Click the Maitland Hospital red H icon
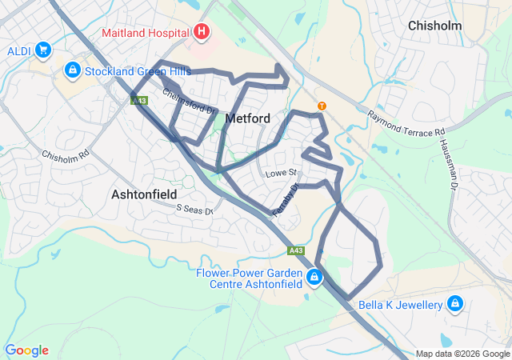click(x=202, y=33)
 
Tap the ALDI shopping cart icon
click(x=43, y=50)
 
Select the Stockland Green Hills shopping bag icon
click(x=73, y=70)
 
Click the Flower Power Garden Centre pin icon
click(x=314, y=278)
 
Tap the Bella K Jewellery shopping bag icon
click(x=455, y=304)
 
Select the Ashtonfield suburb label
click(x=144, y=194)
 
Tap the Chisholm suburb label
click(x=435, y=26)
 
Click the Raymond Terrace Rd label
click(x=406, y=122)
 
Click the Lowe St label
click(x=281, y=173)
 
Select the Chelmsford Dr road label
click(x=190, y=102)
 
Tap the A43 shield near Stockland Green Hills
click(x=139, y=100)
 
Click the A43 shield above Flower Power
click(x=297, y=250)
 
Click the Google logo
click(x=26, y=350)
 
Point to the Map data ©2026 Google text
click(x=462, y=354)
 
